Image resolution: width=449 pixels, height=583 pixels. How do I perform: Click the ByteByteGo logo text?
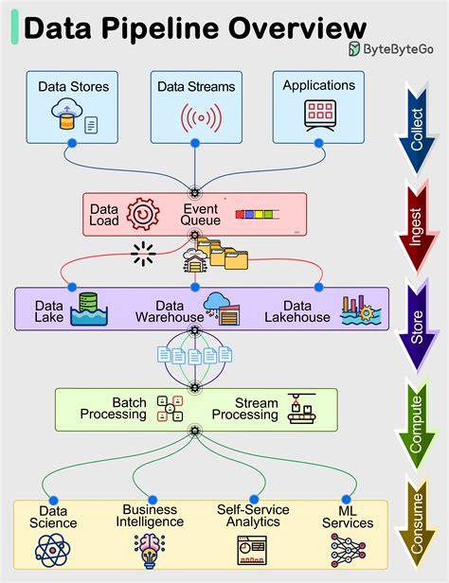398,49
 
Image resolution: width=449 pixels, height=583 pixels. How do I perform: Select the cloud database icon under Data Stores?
67,113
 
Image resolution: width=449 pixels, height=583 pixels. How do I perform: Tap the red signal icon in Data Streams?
201,118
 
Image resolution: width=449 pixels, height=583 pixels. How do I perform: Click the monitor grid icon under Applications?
320,115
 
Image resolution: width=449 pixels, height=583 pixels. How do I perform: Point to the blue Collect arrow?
417,128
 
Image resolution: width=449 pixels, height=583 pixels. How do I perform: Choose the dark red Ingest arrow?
417,226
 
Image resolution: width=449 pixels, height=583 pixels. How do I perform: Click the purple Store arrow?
417,327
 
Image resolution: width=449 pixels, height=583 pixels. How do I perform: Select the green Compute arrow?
416,425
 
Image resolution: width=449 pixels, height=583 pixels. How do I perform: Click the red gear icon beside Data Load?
143,214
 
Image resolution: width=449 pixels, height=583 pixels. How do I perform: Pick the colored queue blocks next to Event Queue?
257,215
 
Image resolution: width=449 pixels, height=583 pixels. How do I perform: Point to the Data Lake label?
48,311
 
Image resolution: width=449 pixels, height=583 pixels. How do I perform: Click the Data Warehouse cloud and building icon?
222,309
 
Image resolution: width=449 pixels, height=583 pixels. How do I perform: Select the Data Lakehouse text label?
297,311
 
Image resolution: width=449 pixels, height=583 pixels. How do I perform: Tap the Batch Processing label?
114,408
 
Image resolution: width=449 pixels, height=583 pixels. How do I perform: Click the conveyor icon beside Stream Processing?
301,409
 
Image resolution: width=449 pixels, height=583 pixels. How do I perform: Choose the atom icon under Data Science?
52,550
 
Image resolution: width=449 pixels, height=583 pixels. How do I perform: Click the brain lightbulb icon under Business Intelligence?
150,551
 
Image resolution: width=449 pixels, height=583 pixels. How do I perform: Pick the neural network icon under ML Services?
348,550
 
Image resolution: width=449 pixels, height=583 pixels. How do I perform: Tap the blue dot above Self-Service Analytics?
254,499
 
